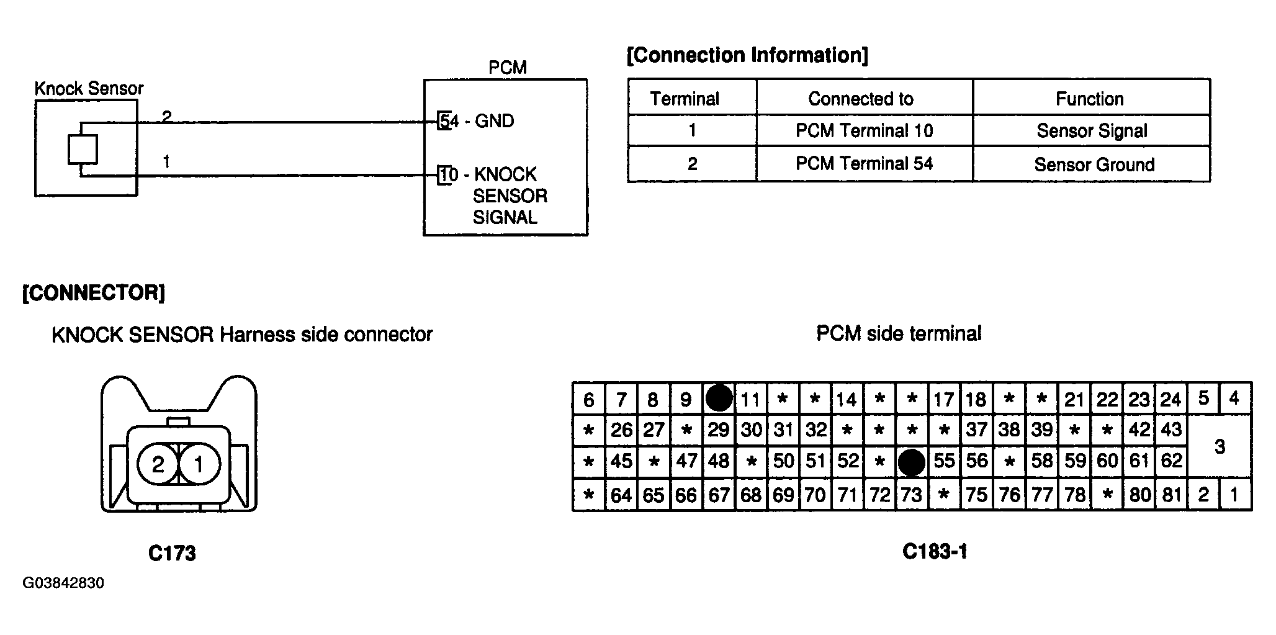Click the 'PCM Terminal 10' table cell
tap(864, 130)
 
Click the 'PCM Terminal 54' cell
tap(864, 164)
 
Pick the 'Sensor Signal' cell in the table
tap(1092, 130)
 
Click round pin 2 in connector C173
tap(158, 464)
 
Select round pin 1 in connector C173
tap(199, 464)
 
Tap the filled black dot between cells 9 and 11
tap(719, 398)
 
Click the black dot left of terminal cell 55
tap(912, 462)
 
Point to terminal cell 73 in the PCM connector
tap(912, 495)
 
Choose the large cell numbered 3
tap(1220, 446)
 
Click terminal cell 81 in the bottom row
tap(1171, 495)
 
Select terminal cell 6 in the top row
tap(588, 399)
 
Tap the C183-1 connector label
tap(935, 551)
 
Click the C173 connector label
tap(172, 553)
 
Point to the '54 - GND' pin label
tap(477, 120)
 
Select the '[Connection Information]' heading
tap(747, 55)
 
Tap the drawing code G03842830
tap(63, 583)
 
